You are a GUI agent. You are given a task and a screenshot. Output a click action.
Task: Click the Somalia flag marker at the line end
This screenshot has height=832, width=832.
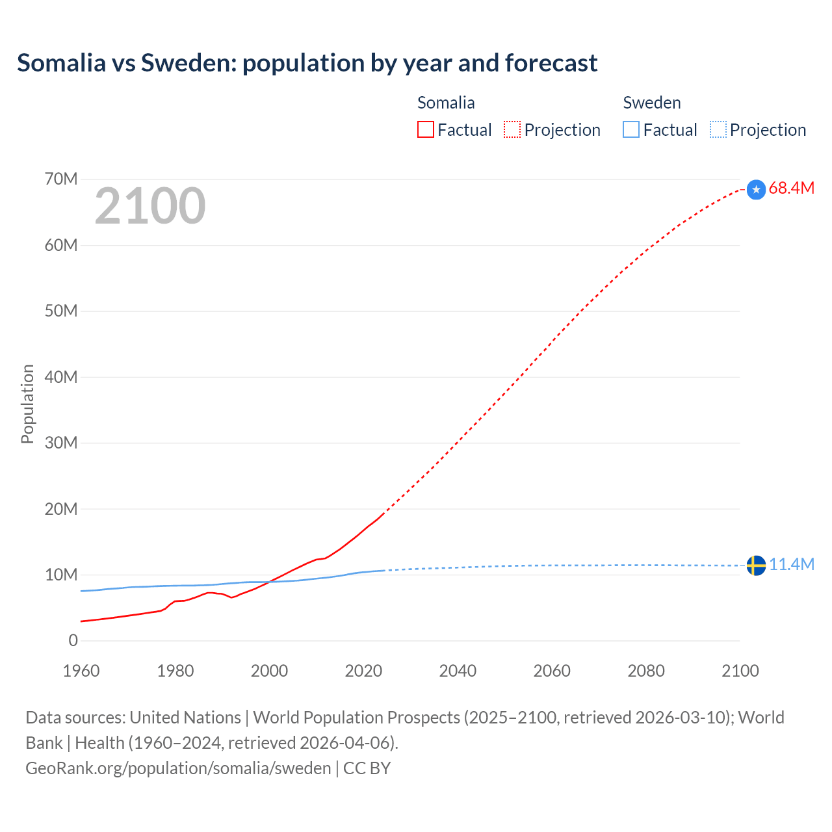(x=756, y=189)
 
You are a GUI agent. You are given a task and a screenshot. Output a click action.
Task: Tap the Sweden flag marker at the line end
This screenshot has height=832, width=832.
(x=756, y=565)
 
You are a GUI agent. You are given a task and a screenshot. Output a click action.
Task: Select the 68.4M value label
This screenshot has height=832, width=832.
(x=791, y=188)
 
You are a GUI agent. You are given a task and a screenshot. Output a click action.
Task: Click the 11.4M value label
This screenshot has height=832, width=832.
(x=791, y=564)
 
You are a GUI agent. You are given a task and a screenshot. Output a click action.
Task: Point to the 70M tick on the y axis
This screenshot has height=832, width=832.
(x=61, y=179)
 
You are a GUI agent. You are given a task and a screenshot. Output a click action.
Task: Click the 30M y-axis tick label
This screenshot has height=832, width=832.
(x=61, y=443)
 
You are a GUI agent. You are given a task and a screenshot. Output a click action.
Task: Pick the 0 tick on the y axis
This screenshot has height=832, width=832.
(x=73, y=640)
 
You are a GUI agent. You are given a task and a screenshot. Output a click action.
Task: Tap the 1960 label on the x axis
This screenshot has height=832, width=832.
(x=81, y=671)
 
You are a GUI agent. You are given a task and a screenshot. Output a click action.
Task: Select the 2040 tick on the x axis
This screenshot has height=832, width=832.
(x=458, y=671)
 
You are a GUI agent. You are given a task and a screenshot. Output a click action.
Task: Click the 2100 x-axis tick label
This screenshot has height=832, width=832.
(x=740, y=671)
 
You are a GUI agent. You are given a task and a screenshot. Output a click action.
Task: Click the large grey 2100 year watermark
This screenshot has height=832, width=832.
(x=150, y=206)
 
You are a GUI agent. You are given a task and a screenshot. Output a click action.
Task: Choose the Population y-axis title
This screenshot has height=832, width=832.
(x=27, y=404)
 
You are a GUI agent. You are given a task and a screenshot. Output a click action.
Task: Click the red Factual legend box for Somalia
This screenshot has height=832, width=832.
(x=425, y=129)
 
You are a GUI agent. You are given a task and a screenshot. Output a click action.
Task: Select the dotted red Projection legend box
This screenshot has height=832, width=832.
(x=512, y=129)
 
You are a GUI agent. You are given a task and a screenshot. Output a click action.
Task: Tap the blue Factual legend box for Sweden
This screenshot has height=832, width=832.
(x=630, y=129)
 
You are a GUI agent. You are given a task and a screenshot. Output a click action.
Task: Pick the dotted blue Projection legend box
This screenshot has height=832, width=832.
(x=718, y=129)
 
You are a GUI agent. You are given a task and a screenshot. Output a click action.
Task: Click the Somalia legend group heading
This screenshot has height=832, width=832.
(x=446, y=103)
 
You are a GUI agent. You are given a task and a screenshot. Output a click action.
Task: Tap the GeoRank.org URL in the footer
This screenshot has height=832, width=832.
(x=178, y=768)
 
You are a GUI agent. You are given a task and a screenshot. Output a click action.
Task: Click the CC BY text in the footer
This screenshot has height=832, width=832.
(x=367, y=768)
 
